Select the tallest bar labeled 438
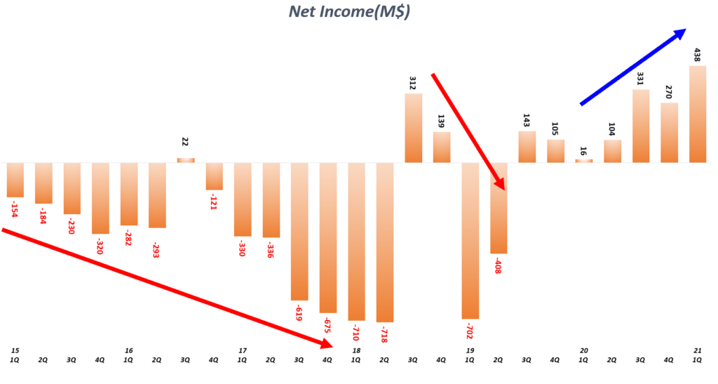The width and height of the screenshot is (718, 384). click(697, 114)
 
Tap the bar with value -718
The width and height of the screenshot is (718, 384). click(385, 242)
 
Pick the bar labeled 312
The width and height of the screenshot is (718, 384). click(413, 128)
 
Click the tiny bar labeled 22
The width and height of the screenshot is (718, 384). click(185, 160)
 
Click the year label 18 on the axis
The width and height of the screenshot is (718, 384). click(356, 350)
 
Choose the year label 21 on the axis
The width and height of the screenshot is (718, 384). click(697, 350)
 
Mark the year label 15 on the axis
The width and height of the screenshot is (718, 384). click(15, 350)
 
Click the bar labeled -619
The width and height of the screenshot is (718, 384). click(299, 232)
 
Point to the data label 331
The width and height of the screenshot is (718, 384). click(640, 78)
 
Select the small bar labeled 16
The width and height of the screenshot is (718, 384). click(583, 161)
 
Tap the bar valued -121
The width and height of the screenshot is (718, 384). click(214, 176)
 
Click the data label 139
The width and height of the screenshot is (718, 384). click(441, 120)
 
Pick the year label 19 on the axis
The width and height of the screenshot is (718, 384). click(470, 350)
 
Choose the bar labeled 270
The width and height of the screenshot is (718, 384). click(669, 133)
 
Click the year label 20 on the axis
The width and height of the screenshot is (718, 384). click(583, 350)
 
